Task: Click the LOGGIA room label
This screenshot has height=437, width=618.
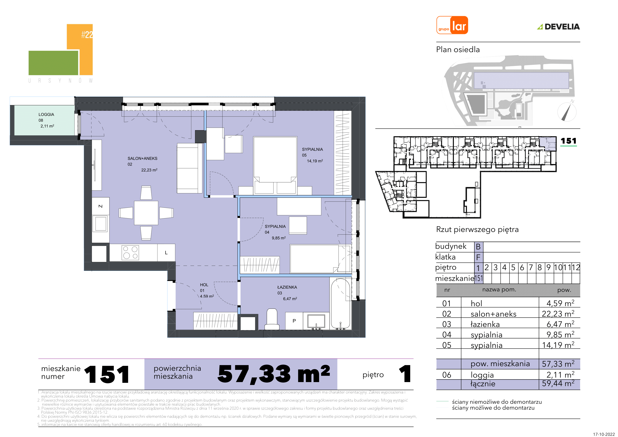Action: click(46, 114)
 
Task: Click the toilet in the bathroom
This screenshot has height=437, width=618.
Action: click(272, 319)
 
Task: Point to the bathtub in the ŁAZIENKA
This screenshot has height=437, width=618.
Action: click(341, 304)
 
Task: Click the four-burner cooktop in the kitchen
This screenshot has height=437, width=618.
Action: click(130, 253)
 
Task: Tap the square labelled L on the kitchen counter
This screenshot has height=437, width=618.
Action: click(166, 253)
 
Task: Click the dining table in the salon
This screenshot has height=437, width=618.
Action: click(146, 213)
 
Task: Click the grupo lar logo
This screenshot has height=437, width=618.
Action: click(452, 25)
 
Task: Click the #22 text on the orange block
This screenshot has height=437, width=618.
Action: click(87, 34)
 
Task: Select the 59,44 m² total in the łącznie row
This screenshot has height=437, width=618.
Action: click(558, 383)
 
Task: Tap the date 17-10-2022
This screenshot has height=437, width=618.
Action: click(604, 434)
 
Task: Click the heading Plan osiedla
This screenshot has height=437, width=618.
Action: click(458, 50)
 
